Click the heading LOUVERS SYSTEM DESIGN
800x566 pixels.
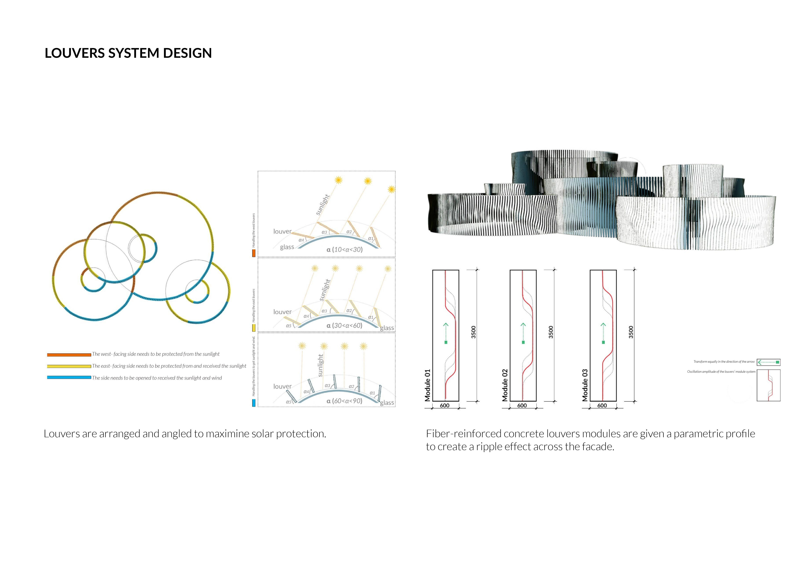coord(128,53)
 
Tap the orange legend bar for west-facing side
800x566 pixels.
coord(69,355)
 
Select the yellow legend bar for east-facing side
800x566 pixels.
coord(69,366)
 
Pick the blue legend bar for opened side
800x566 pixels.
coord(69,377)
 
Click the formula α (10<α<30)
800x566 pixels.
coord(344,250)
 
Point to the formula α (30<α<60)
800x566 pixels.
coord(344,326)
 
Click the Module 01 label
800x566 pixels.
coord(427,385)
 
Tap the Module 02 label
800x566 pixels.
coord(505,385)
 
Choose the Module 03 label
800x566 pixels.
coord(585,385)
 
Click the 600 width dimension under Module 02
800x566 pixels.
coord(522,405)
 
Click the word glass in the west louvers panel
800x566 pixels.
coord(287,247)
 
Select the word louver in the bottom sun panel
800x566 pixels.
coord(282,387)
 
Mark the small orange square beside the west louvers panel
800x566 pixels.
coord(254,253)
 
